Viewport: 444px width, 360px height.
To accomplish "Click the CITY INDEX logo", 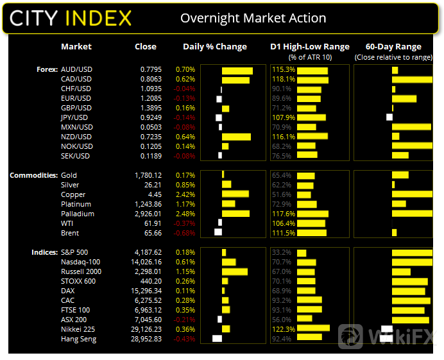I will [71, 18].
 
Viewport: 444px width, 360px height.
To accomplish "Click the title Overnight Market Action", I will [253, 18].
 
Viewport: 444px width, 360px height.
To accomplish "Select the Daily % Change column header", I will [214, 47].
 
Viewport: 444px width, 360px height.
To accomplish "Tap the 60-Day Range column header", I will [393, 47].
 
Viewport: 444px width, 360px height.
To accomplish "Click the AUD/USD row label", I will [76, 69].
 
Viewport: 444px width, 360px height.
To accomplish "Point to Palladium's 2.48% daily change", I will [184, 214].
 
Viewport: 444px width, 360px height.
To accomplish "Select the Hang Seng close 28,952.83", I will [146, 338].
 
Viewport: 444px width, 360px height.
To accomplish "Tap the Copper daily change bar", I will [235, 194].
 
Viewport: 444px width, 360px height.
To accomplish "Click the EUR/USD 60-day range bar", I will [404, 98].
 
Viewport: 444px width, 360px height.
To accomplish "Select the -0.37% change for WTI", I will [185, 223].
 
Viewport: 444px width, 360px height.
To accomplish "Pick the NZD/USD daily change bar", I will [236, 137].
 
